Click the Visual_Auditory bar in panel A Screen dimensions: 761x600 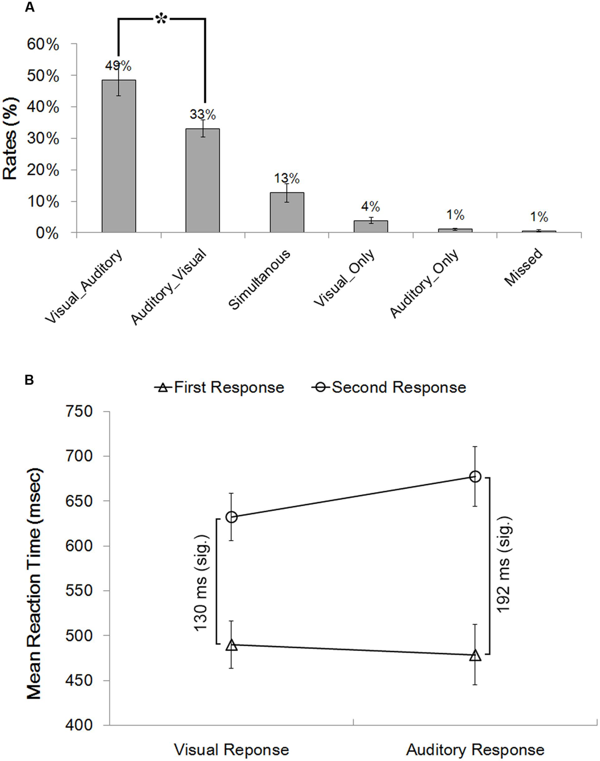(x=118, y=156)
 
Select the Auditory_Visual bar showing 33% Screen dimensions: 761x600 (x=202, y=180)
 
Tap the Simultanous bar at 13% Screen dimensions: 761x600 (x=287, y=212)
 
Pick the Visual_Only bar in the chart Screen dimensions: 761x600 (x=370, y=226)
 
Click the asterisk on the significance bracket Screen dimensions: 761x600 (x=161, y=19)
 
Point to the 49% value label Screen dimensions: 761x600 (x=118, y=65)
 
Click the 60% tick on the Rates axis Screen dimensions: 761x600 (x=43, y=44)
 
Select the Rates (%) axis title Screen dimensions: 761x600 (x=11, y=139)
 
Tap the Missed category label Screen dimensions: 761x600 (x=523, y=267)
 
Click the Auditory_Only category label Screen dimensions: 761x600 (x=424, y=283)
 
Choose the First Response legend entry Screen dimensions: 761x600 (x=220, y=387)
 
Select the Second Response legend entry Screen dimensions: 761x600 (x=389, y=387)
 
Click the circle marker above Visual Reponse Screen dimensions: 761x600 (x=231, y=517)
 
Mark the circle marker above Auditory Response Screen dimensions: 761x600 (x=475, y=477)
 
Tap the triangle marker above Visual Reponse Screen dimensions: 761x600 (x=231, y=645)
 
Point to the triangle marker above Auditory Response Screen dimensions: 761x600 (x=475, y=656)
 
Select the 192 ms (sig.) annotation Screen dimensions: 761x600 (x=503, y=564)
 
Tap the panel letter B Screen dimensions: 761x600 (x=29, y=380)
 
